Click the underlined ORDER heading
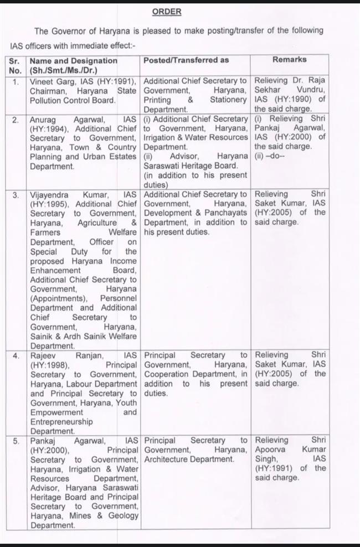tap(166, 12)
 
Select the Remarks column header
tap(289, 59)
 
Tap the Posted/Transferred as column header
tap(186, 60)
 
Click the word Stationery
tap(228, 100)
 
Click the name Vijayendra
tap(53, 194)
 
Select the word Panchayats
tap(226, 213)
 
